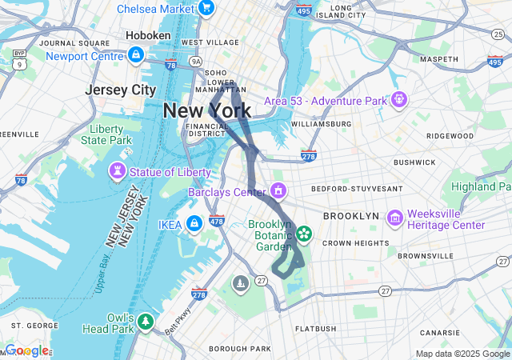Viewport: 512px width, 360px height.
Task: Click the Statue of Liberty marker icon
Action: (118, 171)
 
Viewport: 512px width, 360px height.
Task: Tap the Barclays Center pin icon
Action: (278, 191)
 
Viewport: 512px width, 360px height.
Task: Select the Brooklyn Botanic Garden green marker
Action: (303, 234)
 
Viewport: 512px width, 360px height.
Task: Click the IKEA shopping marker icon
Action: (194, 223)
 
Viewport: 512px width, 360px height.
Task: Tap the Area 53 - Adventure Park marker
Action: (399, 100)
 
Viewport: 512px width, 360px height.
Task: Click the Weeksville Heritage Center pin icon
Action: (394, 218)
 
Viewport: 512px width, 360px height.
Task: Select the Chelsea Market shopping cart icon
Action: (206, 9)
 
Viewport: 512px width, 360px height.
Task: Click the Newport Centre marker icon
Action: (135, 55)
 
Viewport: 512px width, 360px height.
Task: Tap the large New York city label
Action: (206, 111)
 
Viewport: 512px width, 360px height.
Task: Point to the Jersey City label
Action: (121, 90)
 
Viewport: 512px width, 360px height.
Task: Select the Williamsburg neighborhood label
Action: (321, 124)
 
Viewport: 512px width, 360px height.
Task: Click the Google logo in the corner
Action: (26, 350)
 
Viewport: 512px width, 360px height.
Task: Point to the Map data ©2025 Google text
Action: (462, 354)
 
